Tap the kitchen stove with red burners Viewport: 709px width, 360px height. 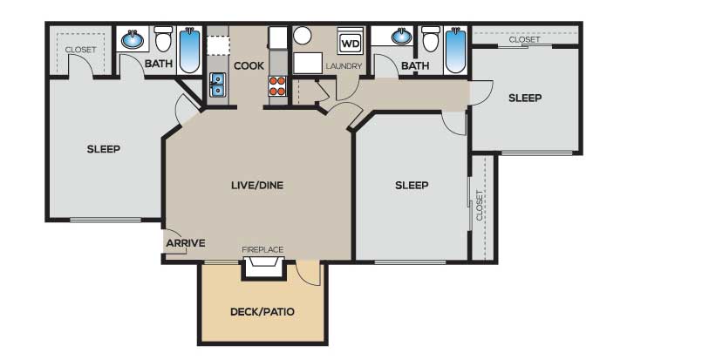click(277, 85)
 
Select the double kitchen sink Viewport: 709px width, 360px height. click(217, 85)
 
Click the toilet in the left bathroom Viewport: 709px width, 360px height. click(164, 38)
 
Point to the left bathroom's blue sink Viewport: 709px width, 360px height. click(133, 39)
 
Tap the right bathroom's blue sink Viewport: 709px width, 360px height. click(401, 36)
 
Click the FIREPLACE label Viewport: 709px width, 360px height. click(262, 249)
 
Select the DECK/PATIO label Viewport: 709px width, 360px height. click(262, 312)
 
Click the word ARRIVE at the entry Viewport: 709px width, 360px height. click(186, 243)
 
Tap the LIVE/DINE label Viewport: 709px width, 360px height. click(257, 185)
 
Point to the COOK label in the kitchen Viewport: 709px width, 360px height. click(249, 66)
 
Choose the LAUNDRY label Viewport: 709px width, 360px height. click(344, 66)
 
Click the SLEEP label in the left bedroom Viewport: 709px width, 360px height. click(104, 149)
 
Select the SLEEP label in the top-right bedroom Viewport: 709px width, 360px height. click(525, 98)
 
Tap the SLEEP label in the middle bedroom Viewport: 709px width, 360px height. click(412, 185)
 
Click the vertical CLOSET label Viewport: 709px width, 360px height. click(480, 205)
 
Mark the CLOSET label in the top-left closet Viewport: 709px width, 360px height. click(80, 49)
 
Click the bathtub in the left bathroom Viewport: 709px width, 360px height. click(190, 50)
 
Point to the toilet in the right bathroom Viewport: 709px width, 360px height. click(431, 38)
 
